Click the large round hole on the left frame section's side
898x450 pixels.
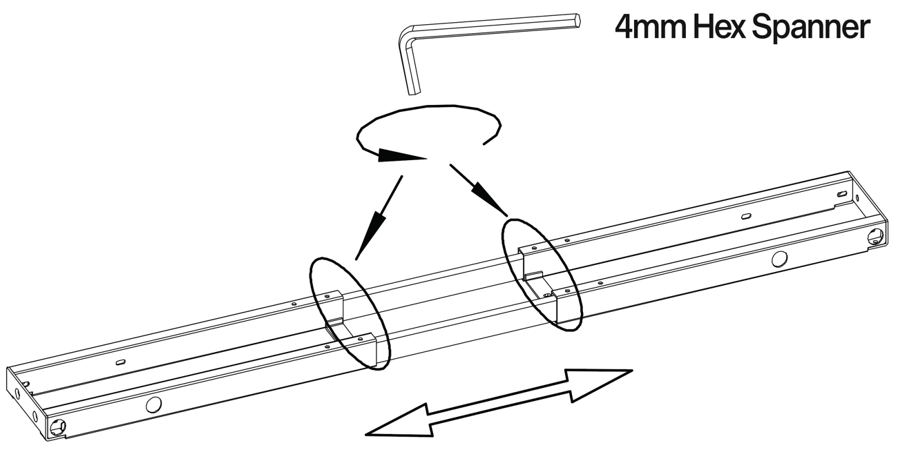click(153, 404)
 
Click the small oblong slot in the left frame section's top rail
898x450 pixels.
click(120, 361)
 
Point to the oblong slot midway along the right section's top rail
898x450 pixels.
click(747, 216)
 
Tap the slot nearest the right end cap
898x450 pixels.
click(842, 195)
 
